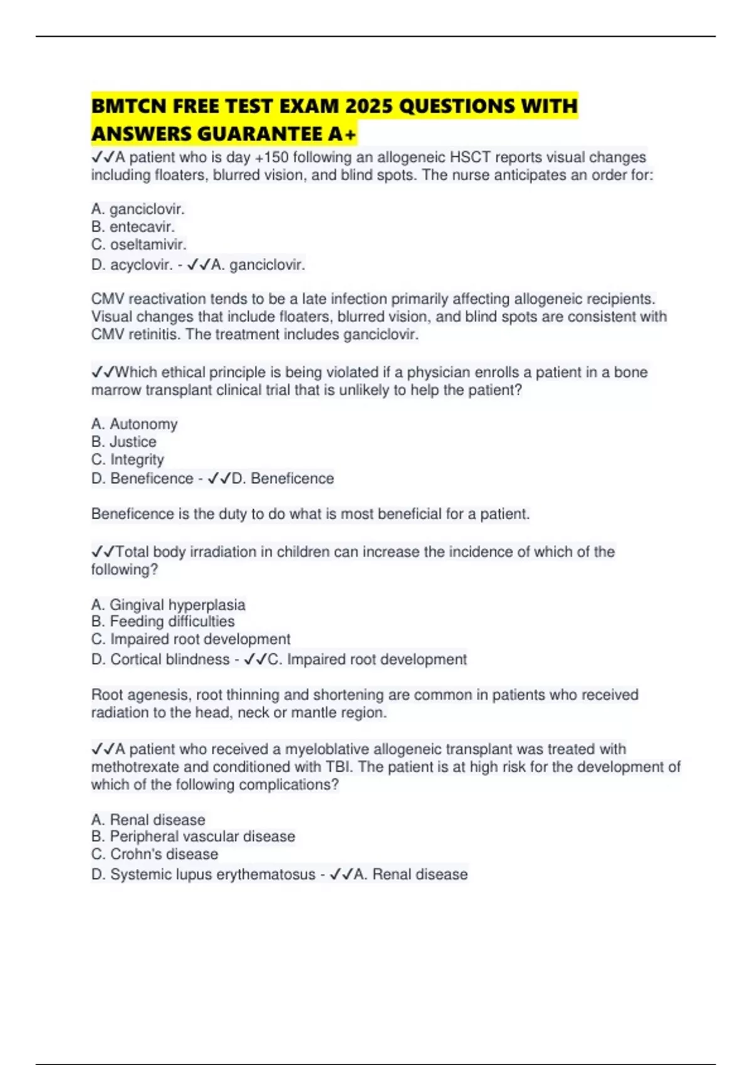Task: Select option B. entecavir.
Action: (x=133, y=227)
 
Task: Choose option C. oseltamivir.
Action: (x=138, y=244)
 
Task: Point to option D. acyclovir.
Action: (x=132, y=265)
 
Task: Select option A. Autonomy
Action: (x=134, y=424)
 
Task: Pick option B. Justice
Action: (x=123, y=442)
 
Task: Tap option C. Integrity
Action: (x=127, y=459)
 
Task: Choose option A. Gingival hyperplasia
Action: (x=168, y=605)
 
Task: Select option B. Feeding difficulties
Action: (x=163, y=621)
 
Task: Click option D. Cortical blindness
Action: (x=160, y=660)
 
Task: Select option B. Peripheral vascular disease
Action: (x=193, y=836)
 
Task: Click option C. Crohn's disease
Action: (x=155, y=854)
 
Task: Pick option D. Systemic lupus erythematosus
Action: (x=203, y=875)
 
